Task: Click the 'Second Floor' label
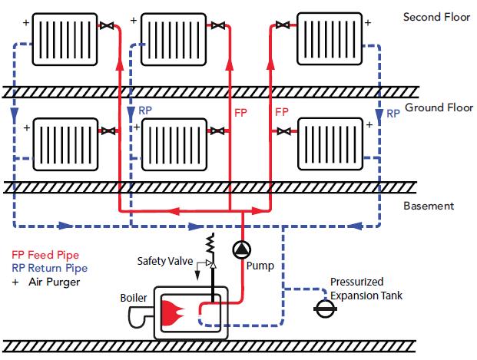436,17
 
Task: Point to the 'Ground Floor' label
436,108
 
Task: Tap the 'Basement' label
429,206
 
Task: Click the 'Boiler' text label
134,298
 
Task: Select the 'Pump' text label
260,266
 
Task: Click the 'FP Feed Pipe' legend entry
45,255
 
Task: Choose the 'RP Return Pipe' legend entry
49,268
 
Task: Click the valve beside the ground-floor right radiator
284,131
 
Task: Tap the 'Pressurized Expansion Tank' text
366,289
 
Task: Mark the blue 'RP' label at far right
393,113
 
